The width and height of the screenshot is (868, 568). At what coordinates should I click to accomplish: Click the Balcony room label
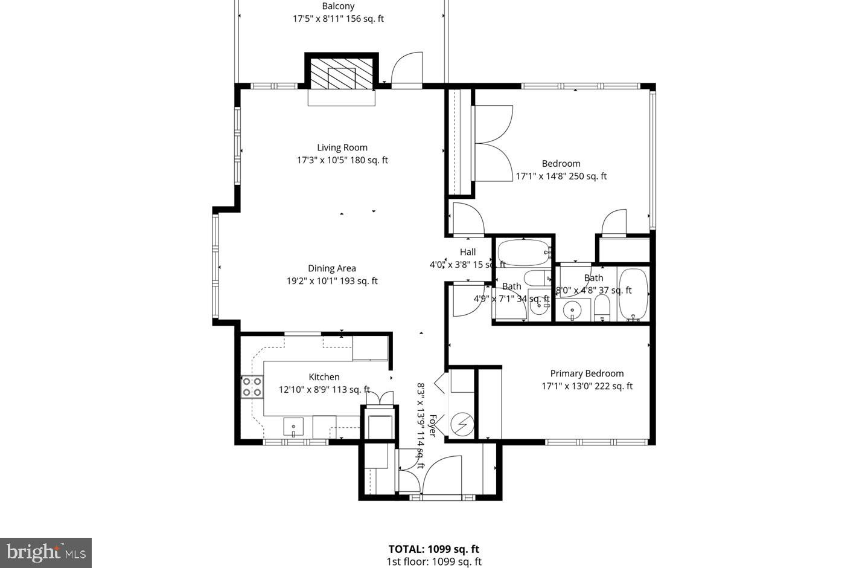(338, 6)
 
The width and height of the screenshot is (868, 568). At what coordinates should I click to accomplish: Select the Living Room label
(342, 147)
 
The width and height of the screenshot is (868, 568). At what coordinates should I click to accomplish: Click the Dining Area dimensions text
(332, 281)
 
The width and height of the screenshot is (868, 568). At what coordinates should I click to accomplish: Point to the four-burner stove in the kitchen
(252, 387)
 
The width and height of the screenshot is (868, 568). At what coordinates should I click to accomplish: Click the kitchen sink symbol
(294, 427)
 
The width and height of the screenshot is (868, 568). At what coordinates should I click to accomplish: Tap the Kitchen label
(324, 377)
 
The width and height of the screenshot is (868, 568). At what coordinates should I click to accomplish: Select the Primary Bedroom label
(587, 373)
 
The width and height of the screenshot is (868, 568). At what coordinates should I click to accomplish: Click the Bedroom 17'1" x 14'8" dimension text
(561, 176)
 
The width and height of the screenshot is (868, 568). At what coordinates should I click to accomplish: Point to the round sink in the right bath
(571, 311)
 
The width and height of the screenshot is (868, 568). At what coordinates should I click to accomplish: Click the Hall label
(468, 252)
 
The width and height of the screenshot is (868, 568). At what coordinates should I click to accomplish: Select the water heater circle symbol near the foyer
(462, 424)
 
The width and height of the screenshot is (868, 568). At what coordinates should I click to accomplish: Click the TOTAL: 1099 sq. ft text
(433, 549)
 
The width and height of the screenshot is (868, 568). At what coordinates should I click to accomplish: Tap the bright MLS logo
(46, 552)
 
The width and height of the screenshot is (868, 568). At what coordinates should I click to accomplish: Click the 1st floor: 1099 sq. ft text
(433, 562)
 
